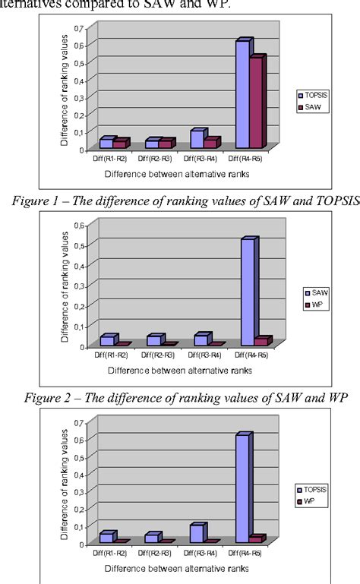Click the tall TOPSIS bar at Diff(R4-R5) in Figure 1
(242, 95)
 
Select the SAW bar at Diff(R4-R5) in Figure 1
(256, 103)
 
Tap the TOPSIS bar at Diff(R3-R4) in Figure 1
(197, 139)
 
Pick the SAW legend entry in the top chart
(315, 108)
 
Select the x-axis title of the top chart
(178, 174)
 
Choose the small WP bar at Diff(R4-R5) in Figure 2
(261, 341)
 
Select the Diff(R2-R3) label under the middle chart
(157, 355)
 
